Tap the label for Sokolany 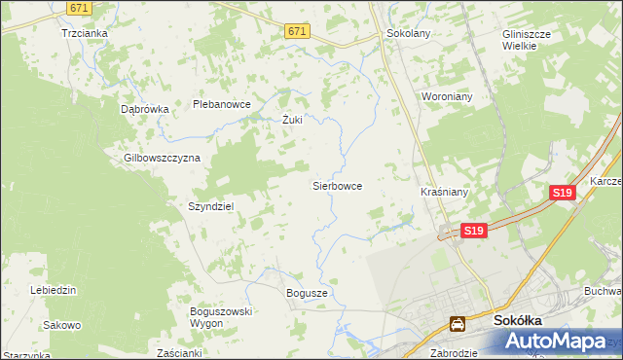coord(408,32)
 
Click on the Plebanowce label coord(222,104)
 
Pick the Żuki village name coord(292,121)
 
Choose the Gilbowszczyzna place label coord(162,158)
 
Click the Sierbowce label coord(337,184)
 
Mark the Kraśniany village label coord(445,192)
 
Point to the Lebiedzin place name coord(53,290)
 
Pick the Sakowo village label coord(62,324)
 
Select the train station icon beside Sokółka coord(457,323)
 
